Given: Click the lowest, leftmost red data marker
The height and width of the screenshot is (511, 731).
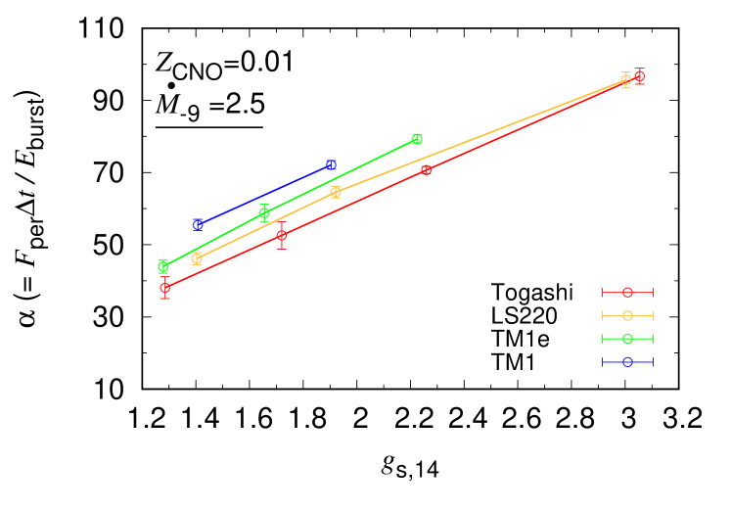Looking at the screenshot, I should [x=165, y=288].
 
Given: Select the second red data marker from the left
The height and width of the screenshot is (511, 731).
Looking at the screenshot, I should [x=282, y=235].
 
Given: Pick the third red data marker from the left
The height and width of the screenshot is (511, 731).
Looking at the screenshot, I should [x=427, y=170].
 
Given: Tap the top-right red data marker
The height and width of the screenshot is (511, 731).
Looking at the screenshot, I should [x=639, y=76].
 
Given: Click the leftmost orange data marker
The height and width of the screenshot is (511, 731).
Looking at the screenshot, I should [x=197, y=258].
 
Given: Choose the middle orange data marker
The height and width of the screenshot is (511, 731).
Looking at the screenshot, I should [x=336, y=192].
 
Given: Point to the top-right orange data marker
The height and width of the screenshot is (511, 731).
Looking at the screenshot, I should [x=626, y=80].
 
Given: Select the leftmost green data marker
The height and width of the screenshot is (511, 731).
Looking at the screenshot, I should [x=163, y=266].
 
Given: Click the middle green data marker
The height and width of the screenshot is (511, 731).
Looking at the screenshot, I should [x=264, y=212].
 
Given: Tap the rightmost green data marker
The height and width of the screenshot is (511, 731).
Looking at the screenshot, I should [x=417, y=139].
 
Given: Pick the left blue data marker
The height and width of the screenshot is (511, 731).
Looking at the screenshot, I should [x=199, y=224].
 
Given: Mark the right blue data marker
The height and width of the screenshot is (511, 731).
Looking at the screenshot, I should [x=331, y=165].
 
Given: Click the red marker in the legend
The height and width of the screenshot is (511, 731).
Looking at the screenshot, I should [x=627, y=292].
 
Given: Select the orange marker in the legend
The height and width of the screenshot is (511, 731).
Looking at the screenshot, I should [x=627, y=315].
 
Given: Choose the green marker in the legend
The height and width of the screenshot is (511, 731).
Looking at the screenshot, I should [x=627, y=339].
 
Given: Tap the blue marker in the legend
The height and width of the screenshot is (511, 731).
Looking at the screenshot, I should [x=627, y=362].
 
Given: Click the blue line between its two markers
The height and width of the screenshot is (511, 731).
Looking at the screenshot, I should [x=264, y=195].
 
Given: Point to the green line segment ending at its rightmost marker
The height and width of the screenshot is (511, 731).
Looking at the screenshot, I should [x=341, y=176].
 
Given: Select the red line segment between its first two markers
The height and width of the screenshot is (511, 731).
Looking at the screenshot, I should [x=223, y=261].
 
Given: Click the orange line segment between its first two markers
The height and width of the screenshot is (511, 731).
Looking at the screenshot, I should [x=266, y=225].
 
